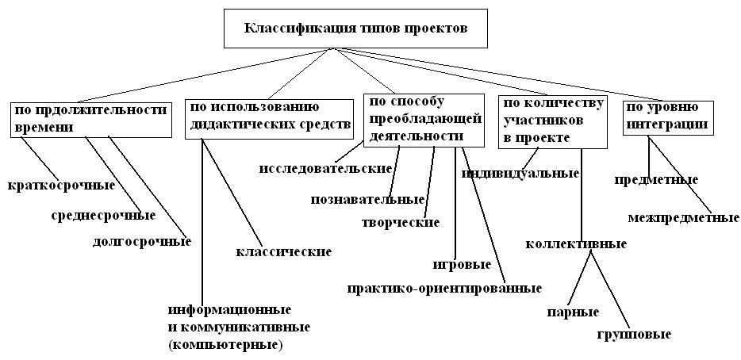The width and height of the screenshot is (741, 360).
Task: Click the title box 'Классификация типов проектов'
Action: click(355, 29)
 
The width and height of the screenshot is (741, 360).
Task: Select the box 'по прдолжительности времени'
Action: click(90, 118)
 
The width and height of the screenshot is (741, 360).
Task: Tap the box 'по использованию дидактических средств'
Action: click(268, 118)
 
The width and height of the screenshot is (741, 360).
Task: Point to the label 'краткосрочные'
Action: click(61, 186)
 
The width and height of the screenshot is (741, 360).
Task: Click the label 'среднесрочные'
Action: click(103, 215)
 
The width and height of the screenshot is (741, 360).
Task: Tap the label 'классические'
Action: click(283, 251)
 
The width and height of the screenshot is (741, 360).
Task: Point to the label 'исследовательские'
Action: click(326, 168)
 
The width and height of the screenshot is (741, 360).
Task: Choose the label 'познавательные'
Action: click(368, 199)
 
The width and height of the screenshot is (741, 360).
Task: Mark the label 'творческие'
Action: click(400, 222)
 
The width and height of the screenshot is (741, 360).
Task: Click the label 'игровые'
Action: click(462, 264)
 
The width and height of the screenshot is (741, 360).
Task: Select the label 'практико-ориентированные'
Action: click(444, 288)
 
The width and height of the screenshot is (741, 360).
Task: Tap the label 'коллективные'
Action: click(576, 243)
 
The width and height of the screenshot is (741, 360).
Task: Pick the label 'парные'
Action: click(572, 312)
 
